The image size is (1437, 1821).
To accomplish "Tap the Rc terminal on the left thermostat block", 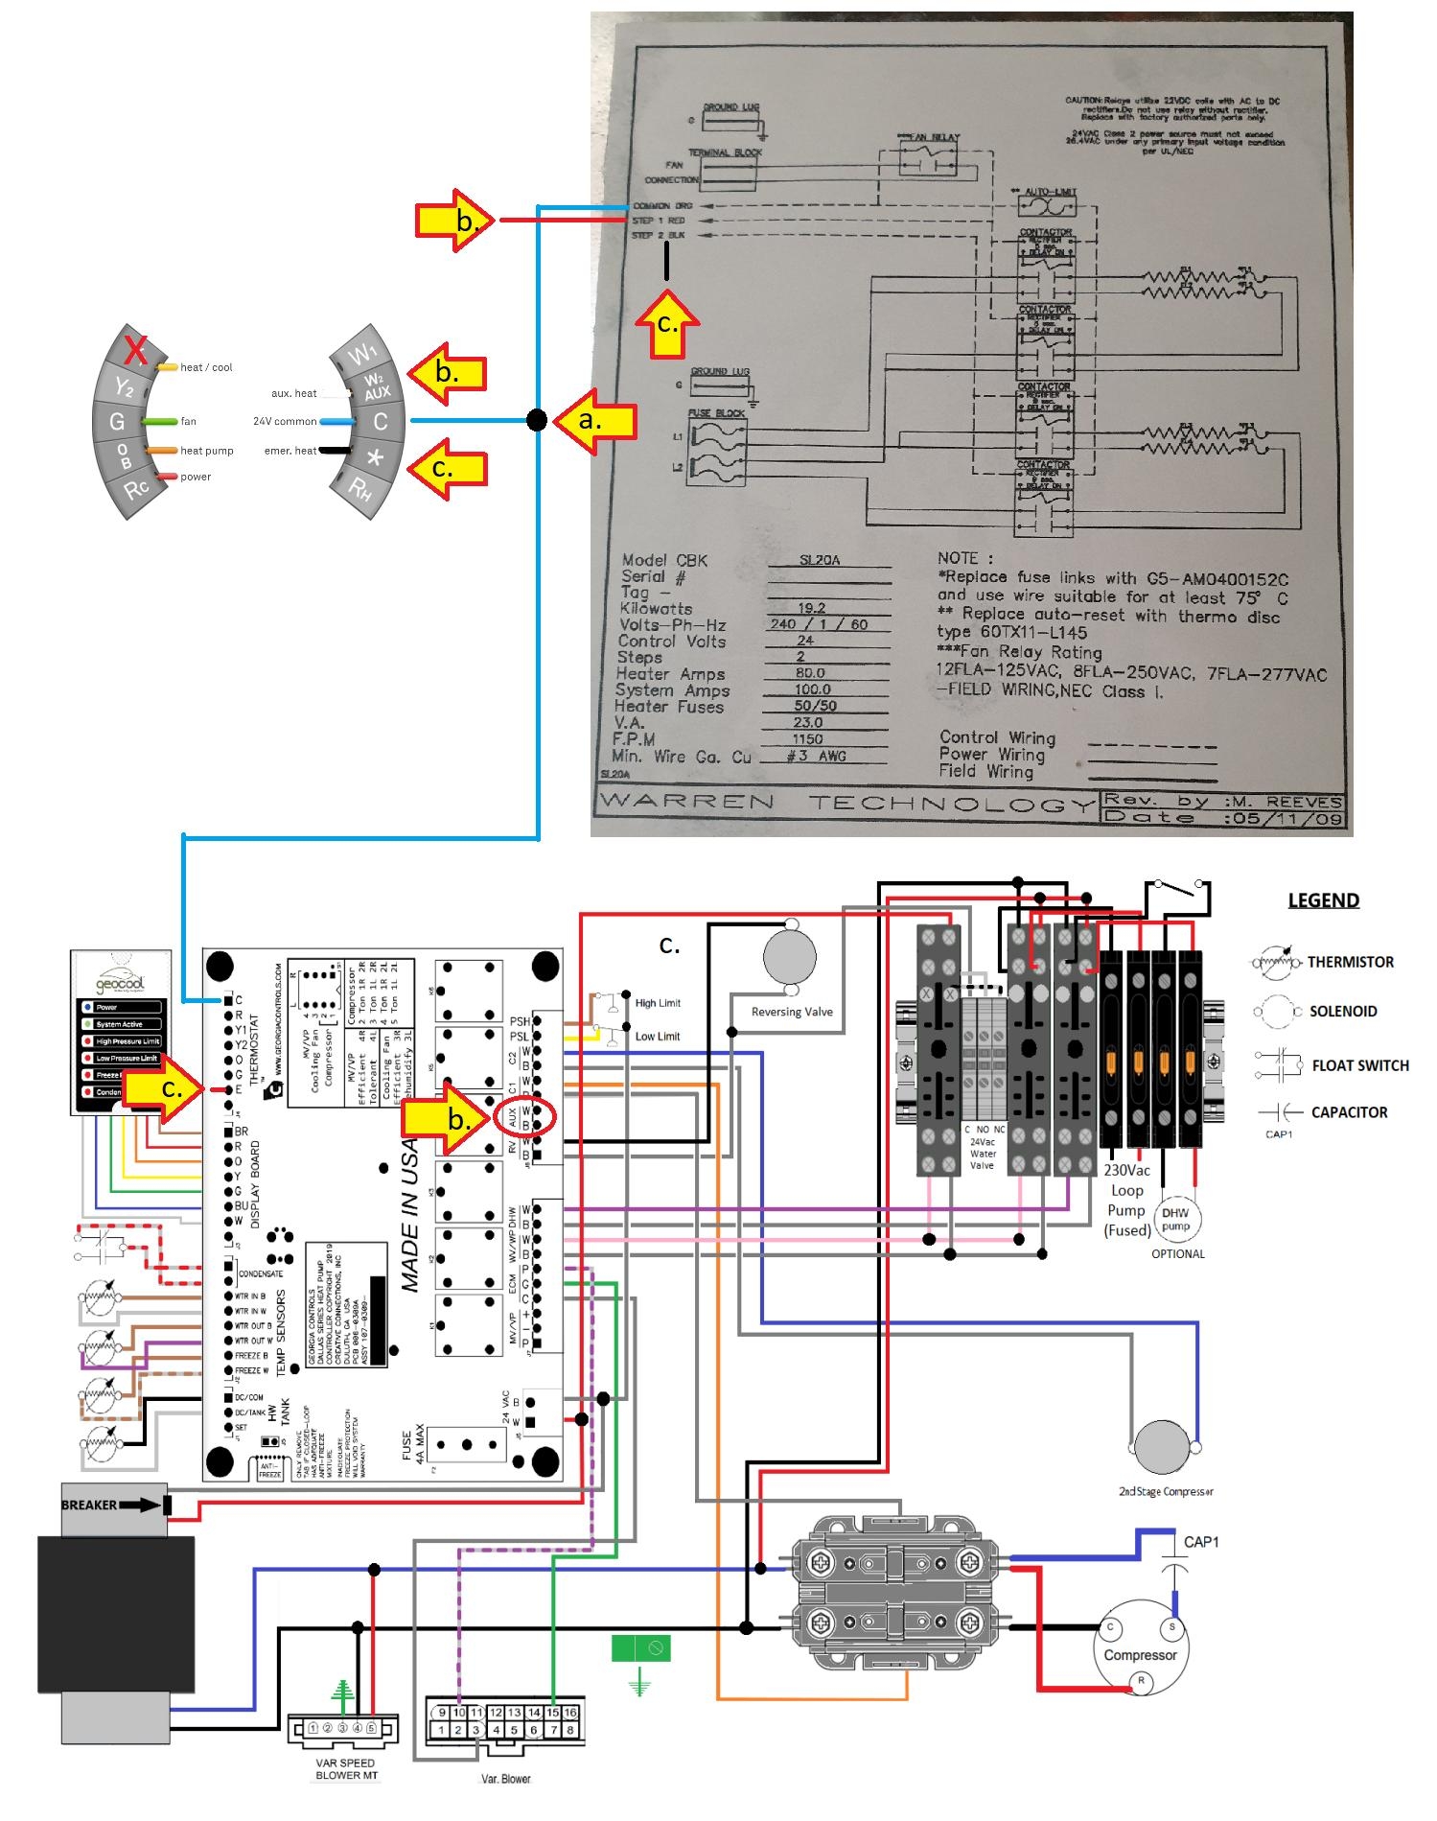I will (x=136, y=489).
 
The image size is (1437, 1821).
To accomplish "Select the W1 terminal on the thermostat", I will (x=362, y=356).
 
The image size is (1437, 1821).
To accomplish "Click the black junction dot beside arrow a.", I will (x=537, y=420).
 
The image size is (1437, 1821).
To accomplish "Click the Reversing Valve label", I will (x=792, y=1012).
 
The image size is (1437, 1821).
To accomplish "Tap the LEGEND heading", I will (x=1323, y=900).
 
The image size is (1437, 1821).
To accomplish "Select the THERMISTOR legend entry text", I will (x=1350, y=962).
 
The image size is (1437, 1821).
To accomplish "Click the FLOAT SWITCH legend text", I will (x=1359, y=1065).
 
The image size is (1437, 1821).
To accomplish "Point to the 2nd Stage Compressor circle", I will (x=1164, y=1447).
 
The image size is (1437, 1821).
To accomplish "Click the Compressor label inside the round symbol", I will (x=1140, y=1655).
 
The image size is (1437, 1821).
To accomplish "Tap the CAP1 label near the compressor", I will (x=1201, y=1542).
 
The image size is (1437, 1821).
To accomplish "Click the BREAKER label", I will (x=88, y=1505).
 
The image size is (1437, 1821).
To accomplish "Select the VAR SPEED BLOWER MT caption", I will (x=345, y=1769).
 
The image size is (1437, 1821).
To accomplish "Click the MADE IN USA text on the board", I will (x=410, y=1212).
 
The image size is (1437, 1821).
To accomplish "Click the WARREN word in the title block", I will (x=685, y=802).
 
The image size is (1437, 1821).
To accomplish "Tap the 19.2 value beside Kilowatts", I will (x=811, y=608).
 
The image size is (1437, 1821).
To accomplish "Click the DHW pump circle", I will (x=1175, y=1219).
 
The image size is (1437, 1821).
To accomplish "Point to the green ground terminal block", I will (x=640, y=1648).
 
